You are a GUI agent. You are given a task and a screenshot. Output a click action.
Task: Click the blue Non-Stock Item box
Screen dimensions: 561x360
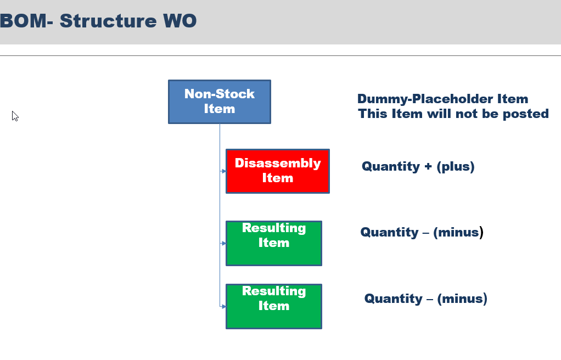point(220,102)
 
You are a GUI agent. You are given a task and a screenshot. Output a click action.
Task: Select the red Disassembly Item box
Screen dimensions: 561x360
point(278,171)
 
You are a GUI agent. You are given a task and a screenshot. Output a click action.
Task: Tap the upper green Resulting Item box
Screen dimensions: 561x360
point(274,243)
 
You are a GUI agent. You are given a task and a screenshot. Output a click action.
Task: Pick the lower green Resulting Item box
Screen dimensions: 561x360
point(274,306)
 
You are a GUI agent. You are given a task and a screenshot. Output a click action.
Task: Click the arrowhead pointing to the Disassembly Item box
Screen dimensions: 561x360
point(223,171)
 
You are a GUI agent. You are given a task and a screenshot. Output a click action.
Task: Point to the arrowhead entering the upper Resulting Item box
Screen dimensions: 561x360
point(223,243)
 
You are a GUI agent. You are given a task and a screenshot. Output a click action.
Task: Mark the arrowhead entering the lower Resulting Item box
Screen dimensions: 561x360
point(223,306)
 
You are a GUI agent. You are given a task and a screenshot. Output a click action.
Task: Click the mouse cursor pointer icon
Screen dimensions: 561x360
point(15,116)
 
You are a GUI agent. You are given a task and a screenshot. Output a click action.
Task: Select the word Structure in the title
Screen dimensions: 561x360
point(108,21)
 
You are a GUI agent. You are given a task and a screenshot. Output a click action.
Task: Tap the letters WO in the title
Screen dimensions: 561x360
point(180,21)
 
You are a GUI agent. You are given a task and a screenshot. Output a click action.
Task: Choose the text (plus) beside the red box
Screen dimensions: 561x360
point(456,166)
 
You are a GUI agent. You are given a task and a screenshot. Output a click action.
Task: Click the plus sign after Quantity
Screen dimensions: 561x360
point(428,167)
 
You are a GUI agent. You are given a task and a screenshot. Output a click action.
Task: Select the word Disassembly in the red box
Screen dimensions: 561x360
point(278,163)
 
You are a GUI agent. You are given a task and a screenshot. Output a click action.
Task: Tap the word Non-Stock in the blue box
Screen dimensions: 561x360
point(220,94)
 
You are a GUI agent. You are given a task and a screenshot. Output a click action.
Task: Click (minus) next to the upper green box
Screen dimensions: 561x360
point(458,232)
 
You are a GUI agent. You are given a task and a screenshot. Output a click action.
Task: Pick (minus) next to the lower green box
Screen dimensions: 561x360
point(462,299)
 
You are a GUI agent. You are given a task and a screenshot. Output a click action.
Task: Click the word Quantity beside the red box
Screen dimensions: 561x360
point(391,167)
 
